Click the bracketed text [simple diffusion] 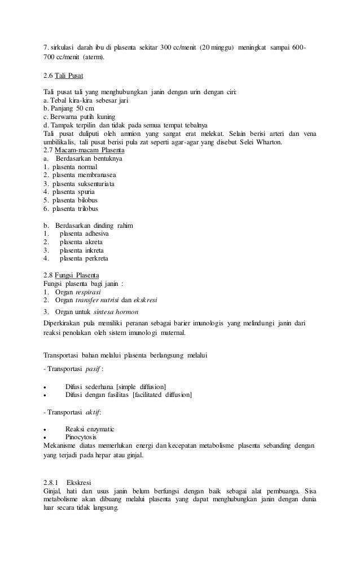point(141,386)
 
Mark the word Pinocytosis point(81,438)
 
